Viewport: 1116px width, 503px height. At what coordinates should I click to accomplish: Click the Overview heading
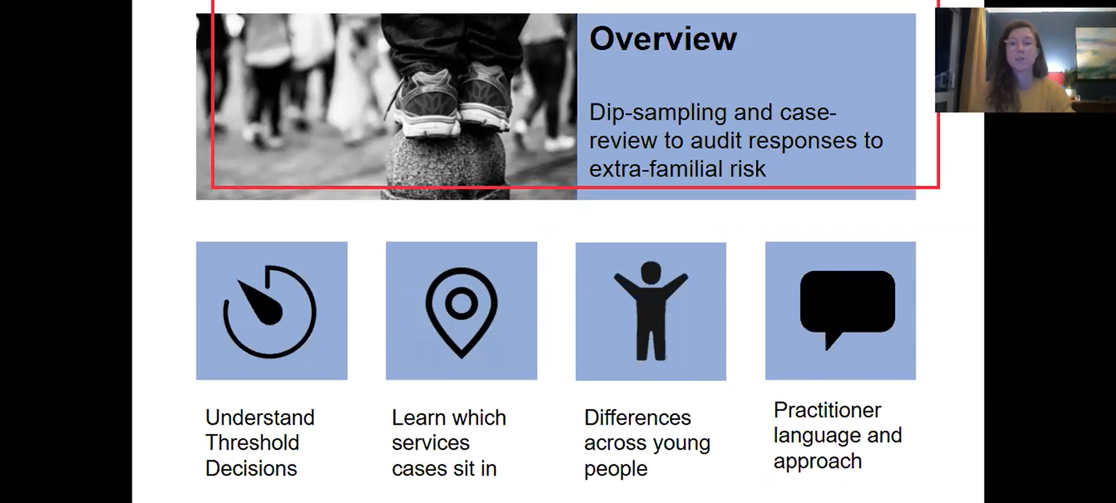pos(663,39)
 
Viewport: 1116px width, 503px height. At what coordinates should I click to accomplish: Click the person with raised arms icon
pos(651,311)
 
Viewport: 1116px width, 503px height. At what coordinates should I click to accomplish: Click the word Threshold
pos(252,443)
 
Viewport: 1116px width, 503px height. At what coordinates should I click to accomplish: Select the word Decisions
pos(251,469)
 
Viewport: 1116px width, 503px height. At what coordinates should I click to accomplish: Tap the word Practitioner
pos(827,410)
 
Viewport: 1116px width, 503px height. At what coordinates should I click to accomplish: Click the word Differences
pos(638,418)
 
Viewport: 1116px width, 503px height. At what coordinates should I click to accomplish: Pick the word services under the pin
pos(430,443)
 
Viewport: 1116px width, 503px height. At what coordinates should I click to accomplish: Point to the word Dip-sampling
pos(658,113)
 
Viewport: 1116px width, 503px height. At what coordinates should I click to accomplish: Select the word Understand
pos(260,418)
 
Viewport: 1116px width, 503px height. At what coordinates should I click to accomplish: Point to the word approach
pos(818,462)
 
